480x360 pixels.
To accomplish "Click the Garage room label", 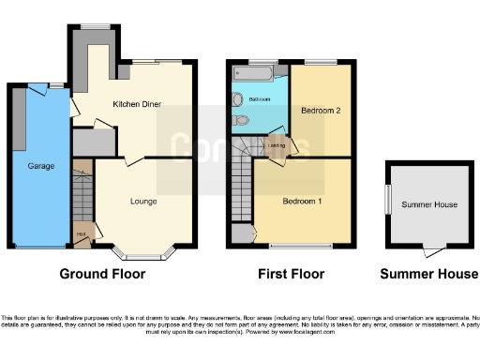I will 40,166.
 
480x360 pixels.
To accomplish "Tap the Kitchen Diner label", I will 137,104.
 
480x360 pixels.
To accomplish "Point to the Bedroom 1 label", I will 303,202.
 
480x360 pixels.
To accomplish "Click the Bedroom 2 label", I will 319,111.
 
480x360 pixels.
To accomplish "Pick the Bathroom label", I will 260,98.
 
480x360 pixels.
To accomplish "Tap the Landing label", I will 277,145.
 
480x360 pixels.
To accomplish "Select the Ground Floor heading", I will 102,275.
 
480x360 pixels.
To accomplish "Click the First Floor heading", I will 292,275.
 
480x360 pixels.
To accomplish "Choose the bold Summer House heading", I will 428,275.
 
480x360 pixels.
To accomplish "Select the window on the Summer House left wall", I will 386,200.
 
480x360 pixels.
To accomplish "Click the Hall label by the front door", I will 81,233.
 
